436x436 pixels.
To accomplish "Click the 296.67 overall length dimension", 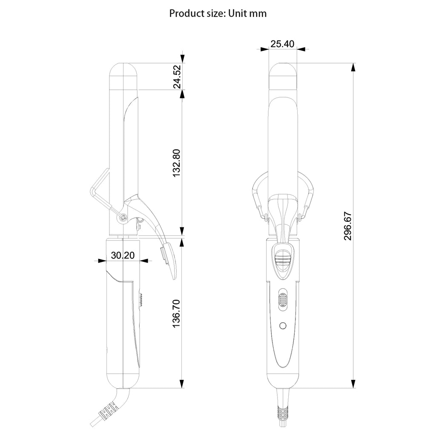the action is pyautogui.click(x=347, y=226).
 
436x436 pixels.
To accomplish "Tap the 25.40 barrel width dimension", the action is pyautogui.click(x=282, y=44).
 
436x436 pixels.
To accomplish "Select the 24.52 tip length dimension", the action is pyautogui.click(x=177, y=77).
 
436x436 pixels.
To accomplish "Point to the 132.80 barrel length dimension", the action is pyautogui.click(x=177, y=163).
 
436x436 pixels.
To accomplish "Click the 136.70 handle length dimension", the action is pyautogui.click(x=177, y=313).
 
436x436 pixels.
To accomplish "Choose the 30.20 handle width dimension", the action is pyautogui.click(x=123, y=255).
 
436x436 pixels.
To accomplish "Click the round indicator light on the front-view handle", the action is pyautogui.click(x=283, y=325).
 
